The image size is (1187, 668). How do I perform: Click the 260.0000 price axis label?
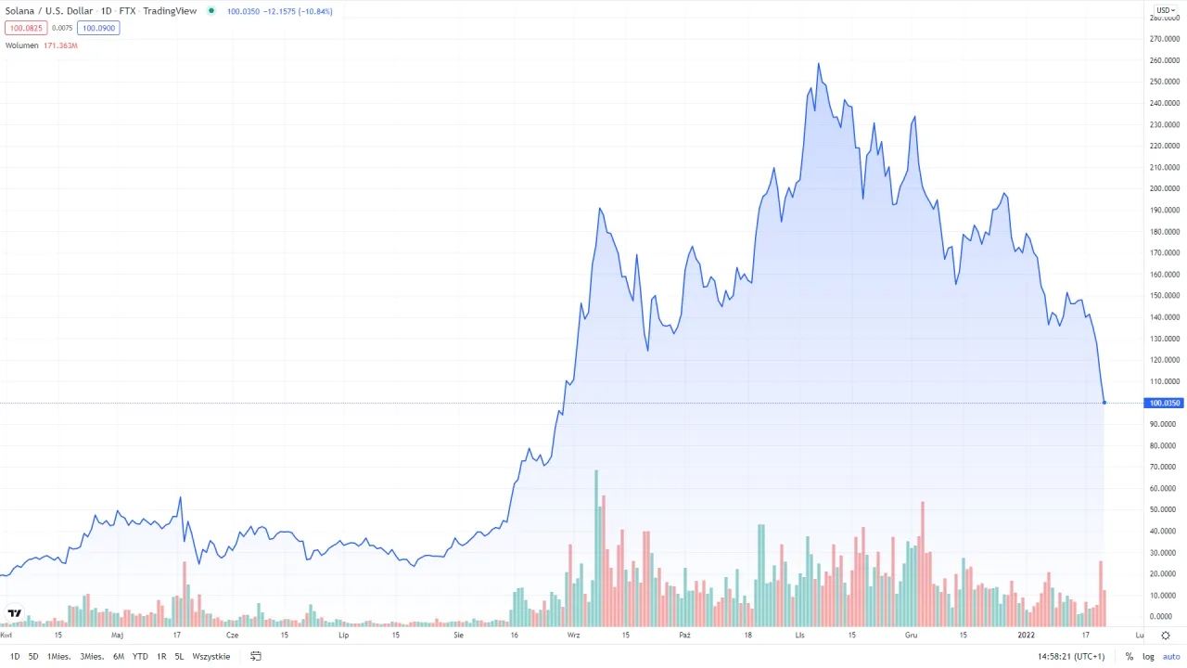click(1164, 60)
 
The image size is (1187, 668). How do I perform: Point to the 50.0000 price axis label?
click(1164, 509)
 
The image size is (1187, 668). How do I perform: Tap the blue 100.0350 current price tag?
click(1165, 403)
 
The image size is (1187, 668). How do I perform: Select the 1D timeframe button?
click(15, 656)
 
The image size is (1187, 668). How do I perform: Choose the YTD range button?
click(140, 656)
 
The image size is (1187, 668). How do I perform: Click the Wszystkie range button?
click(211, 656)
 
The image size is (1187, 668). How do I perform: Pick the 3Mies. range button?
click(92, 656)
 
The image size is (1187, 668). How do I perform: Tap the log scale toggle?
click(1148, 656)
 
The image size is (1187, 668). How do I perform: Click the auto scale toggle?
click(1171, 656)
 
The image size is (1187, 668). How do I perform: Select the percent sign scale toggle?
click(1130, 656)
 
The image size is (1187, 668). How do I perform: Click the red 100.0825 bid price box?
click(25, 28)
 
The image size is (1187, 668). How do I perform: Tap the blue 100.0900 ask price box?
click(98, 28)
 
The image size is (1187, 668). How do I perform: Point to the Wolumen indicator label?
click(22, 45)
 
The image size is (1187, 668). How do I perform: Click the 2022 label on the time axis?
click(1027, 636)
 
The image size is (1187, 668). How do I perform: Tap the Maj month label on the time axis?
click(117, 636)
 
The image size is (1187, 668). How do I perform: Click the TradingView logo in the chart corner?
click(15, 613)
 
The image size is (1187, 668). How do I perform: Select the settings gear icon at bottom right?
click(1166, 636)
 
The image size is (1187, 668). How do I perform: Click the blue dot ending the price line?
click(1104, 403)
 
